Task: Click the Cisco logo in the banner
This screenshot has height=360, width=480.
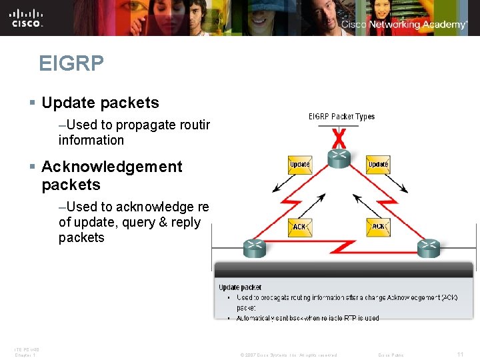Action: [27, 17]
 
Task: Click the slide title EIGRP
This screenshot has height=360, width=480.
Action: [71, 63]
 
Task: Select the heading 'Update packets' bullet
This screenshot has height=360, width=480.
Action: [100, 103]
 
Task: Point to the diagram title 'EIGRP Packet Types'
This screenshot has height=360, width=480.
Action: [341, 117]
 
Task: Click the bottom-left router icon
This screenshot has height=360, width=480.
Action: [254, 248]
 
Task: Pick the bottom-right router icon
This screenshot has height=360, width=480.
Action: [429, 248]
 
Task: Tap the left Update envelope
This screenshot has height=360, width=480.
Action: [299, 165]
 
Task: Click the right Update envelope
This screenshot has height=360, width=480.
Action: [378, 165]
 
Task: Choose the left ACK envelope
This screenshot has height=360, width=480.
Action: [299, 227]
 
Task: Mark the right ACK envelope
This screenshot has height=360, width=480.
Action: [378, 227]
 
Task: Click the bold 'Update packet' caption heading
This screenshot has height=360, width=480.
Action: [240, 287]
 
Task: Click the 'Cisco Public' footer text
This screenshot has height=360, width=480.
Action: [391, 355]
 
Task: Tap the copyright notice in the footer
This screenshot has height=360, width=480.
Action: [288, 355]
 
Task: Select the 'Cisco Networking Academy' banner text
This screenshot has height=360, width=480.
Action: [404, 25]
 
